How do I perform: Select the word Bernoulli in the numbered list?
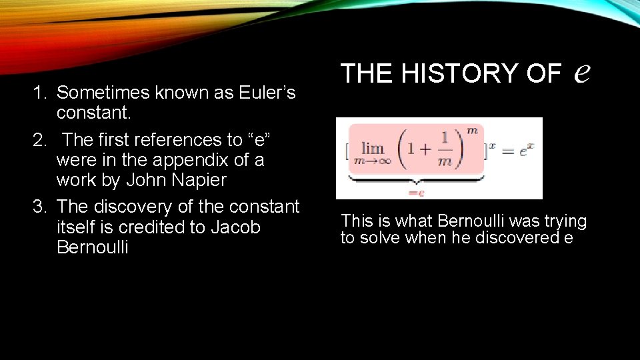pos(93,247)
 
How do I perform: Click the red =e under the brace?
pos(417,192)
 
